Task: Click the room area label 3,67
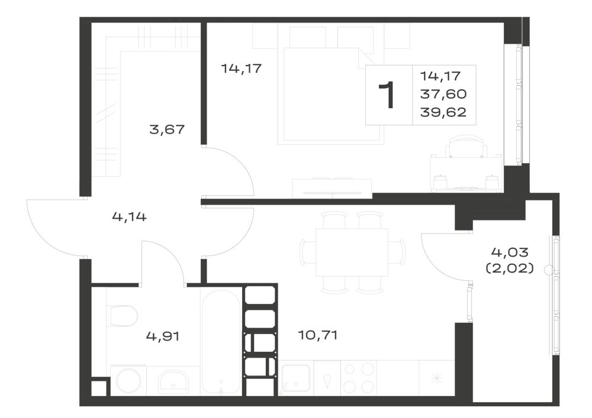167,129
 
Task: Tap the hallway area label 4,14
129,217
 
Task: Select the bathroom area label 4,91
163,336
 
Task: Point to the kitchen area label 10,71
317,335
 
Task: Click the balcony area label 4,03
510,251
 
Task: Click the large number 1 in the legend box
388,95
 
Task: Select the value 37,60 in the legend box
443,94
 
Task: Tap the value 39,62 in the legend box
443,112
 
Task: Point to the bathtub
221,342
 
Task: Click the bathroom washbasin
173,380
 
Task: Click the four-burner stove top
359,378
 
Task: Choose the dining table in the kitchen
352,252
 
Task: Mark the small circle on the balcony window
549,270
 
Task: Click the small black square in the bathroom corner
99,388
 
